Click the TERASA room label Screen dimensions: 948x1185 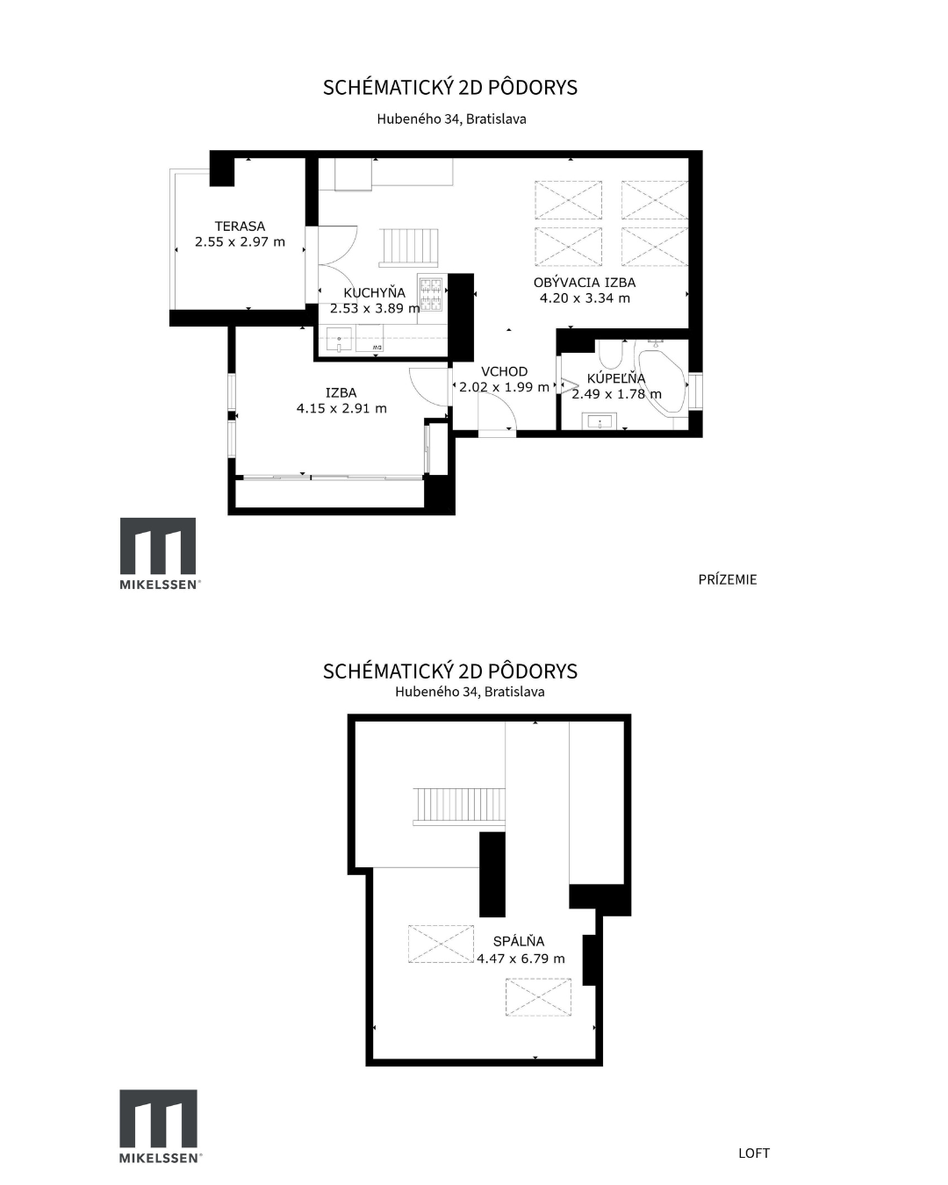(240, 226)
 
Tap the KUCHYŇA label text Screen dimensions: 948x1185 (374, 293)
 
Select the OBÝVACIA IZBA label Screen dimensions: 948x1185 (585, 283)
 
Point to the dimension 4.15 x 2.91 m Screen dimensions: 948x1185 (341, 408)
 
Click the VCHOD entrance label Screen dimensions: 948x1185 (504, 371)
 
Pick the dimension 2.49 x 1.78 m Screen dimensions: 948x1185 (616, 394)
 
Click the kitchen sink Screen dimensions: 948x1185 (340, 339)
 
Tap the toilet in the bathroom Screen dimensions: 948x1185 (610, 354)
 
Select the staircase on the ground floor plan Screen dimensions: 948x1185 (409, 246)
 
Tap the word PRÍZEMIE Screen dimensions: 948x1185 (727, 579)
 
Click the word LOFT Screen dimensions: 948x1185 (754, 1149)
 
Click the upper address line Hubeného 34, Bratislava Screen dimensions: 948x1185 (451, 119)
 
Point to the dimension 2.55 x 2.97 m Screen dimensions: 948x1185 (241, 241)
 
